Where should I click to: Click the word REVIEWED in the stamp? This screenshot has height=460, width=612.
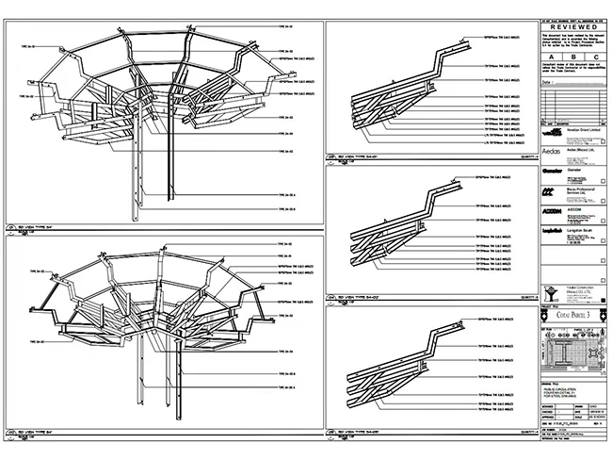pos(573,29)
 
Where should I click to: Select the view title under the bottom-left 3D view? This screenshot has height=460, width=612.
pos(43,435)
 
